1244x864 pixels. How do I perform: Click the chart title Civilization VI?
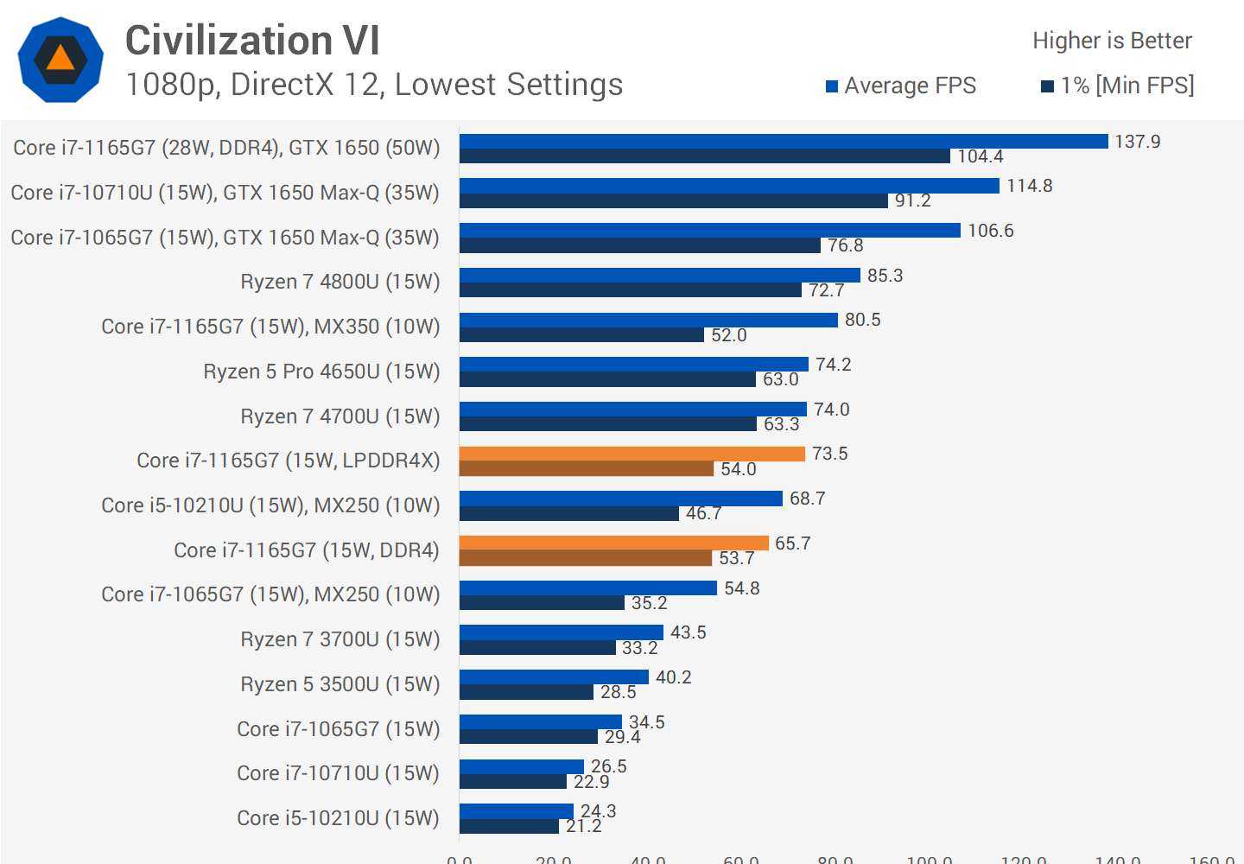click(x=252, y=41)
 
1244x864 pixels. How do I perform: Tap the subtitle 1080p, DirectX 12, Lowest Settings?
click(x=374, y=85)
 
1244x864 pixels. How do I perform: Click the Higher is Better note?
click(x=1112, y=41)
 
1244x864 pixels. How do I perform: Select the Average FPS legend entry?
click(x=901, y=86)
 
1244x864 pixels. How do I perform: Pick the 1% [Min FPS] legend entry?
click(x=1118, y=86)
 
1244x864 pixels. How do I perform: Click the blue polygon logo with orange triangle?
click(x=60, y=60)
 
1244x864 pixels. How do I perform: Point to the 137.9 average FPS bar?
click(x=783, y=141)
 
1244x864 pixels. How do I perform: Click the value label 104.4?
click(x=981, y=156)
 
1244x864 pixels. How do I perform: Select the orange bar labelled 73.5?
click(x=632, y=454)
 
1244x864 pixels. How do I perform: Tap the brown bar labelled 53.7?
click(x=585, y=558)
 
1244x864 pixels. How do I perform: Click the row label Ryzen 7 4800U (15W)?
click(x=340, y=282)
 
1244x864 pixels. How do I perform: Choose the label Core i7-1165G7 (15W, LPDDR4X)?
click(x=288, y=461)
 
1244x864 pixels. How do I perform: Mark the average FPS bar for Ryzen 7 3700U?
click(x=561, y=632)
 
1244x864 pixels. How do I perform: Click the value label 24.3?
click(x=598, y=810)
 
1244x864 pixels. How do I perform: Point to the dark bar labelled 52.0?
click(x=581, y=335)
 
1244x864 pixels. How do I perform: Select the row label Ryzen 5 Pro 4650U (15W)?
click(x=321, y=372)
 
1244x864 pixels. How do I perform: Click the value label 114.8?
click(x=1029, y=186)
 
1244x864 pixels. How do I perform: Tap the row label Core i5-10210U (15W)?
click(x=338, y=818)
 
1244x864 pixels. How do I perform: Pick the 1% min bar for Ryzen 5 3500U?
click(x=526, y=692)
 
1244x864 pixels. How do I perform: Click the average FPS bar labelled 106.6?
click(x=709, y=230)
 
